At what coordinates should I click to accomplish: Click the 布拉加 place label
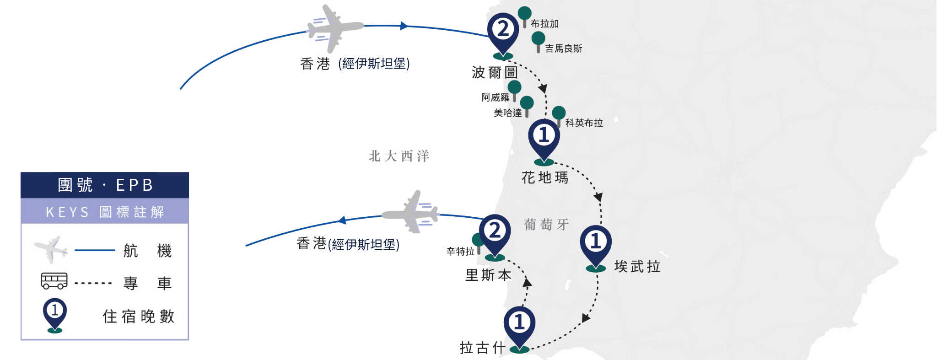pos(544,24)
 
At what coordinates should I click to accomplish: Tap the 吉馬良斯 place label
pos(564,48)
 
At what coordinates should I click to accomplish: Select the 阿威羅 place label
pos(495,97)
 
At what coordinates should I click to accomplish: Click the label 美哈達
pos(508,113)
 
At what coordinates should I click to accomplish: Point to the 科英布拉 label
pos(584,123)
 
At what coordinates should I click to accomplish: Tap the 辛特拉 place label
pos(461,251)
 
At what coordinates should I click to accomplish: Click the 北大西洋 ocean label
pos(399,156)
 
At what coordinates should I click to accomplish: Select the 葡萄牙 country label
pos(546,224)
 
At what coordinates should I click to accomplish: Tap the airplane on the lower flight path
pos(410,212)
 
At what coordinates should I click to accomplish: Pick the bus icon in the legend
pos(54,281)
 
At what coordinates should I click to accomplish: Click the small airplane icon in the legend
pos(51,249)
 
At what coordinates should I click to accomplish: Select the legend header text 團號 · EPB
pos(105,185)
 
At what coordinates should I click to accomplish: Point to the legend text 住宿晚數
pos(139,316)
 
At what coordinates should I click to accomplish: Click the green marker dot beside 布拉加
pos(524,13)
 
